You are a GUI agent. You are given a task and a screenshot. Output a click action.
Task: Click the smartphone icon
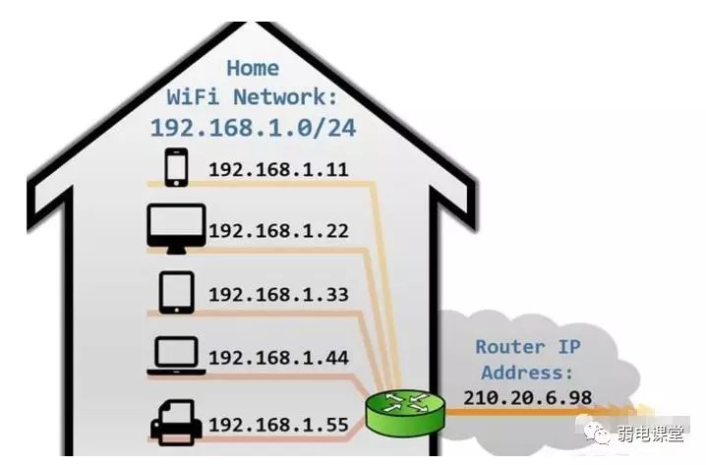(x=176, y=167)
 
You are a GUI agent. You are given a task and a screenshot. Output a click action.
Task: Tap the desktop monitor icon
(x=176, y=228)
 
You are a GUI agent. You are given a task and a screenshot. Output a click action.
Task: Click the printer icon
(x=176, y=424)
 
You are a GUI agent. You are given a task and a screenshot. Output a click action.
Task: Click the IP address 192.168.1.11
(x=278, y=169)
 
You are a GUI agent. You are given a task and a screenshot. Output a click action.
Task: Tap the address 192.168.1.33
(x=278, y=295)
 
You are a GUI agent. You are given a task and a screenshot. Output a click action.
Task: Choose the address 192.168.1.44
(x=278, y=358)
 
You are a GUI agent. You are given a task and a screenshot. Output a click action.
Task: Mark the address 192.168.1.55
(x=278, y=425)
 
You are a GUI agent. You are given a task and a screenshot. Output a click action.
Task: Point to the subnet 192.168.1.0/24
(x=252, y=128)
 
